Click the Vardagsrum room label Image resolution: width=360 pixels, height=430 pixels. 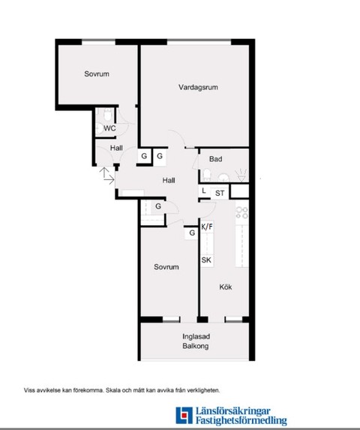click(x=198, y=88)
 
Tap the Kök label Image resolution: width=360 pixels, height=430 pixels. click(x=226, y=287)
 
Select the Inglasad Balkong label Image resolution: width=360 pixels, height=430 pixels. click(x=196, y=341)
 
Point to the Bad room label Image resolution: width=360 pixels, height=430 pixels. click(x=215, y=159)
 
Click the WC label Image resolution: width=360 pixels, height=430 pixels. click(x=109, y=128)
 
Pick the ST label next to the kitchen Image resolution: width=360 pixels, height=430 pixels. click(x=220, y=194)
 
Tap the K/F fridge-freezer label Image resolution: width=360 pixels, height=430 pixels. click(x=207, y=227)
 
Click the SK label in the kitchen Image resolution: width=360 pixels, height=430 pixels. click(x=206, y=260)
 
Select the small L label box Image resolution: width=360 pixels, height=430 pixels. click(x=204, y=191)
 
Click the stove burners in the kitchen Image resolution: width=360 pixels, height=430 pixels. click(x=242, y=212)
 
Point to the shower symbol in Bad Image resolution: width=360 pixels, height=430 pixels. click(x=241, y=176)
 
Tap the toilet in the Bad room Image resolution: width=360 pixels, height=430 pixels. click(x=207, y=175)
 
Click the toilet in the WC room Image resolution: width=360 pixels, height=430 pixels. click(x=108, y=114)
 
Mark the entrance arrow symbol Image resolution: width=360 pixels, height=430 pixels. click(x=106, y=176)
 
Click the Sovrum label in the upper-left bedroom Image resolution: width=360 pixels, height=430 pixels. click(x=97, y=74)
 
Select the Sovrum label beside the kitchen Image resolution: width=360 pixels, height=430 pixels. click(x=166, y=267)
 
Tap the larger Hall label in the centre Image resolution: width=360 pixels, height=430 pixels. click(x=169, y=180)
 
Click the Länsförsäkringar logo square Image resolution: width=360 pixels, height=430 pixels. click(x=184, y=415)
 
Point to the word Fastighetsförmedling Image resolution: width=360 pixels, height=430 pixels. click(x=241, y=420)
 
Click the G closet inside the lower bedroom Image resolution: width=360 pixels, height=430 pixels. click(x=192, y=233)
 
